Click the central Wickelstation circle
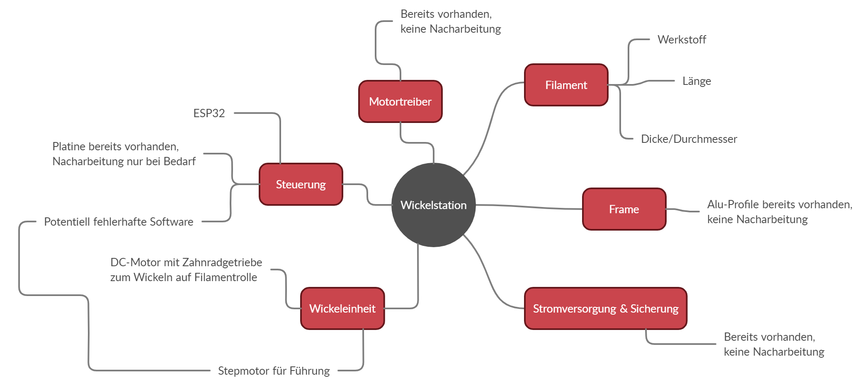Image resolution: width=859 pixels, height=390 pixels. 433,205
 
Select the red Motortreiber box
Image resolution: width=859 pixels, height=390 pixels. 400,101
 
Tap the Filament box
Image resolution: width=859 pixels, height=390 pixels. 566,85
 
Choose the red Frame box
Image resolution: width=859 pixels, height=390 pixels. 624,209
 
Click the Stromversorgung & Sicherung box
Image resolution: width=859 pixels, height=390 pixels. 605,308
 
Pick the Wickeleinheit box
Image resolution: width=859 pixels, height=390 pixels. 342,308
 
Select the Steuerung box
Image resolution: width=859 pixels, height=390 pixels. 301,184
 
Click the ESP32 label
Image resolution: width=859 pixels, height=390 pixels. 209,113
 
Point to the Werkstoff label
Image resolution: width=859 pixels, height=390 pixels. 682,40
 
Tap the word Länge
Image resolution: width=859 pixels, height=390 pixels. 696,81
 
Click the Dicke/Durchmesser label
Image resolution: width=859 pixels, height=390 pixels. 689,139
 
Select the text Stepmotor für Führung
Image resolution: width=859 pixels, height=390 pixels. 274,371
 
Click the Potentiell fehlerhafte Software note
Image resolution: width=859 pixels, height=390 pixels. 119,222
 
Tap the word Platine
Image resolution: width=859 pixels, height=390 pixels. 69,147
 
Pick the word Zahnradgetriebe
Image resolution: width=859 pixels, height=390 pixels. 222,262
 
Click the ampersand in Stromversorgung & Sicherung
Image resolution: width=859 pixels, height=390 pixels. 624,309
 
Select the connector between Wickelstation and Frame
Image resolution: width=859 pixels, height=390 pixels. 531,207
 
